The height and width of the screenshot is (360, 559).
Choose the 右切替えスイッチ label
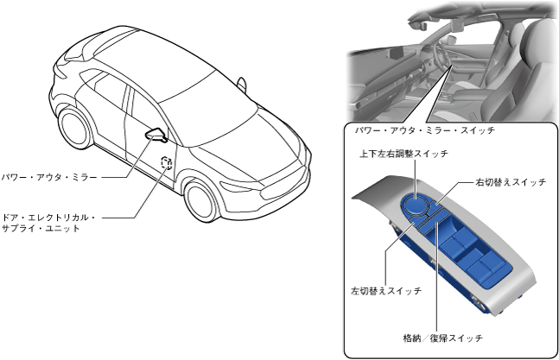click(x=511, y=182)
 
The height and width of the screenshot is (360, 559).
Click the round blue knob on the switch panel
click(x=420, y=204)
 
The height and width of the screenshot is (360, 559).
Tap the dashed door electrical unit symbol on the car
click(x=166, y=165)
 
